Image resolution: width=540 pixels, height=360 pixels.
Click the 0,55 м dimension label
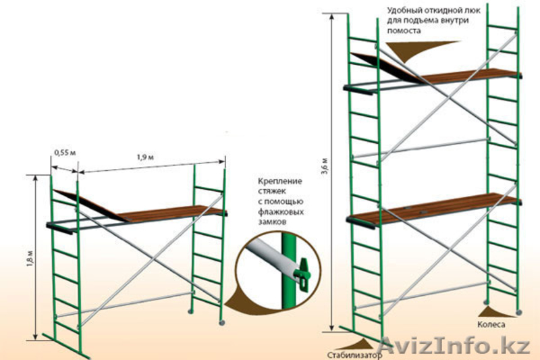coord(65,153)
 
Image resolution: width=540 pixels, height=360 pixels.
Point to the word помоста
coord(404,31)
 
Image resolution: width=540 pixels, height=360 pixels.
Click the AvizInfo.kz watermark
coord(460,346)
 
